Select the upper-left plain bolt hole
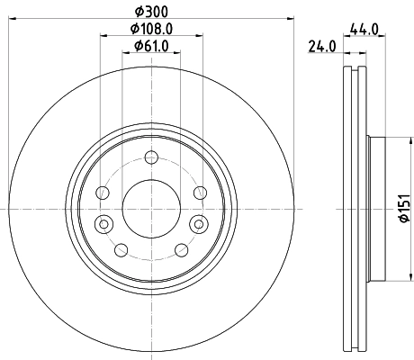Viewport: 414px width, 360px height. [x=103, y=193]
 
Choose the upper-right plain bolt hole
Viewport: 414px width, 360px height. [x=200, y=193]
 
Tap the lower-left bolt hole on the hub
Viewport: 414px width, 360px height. [x=121, y=249]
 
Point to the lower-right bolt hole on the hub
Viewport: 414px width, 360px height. [x=181, y=249]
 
